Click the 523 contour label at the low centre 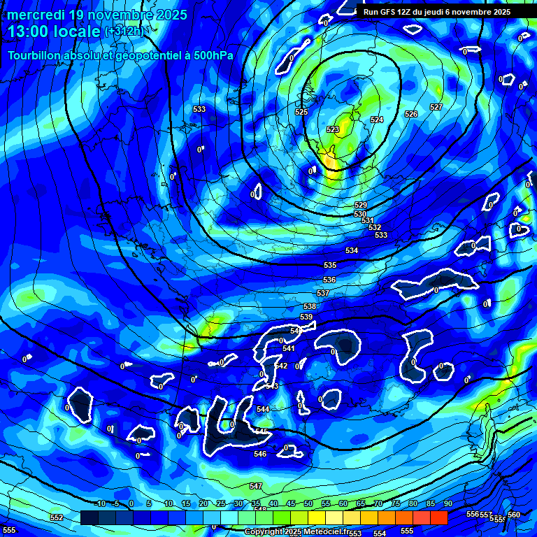pos(333,129)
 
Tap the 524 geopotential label pos(377,120)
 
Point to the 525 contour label pos(301,112)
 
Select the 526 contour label pos(411,114)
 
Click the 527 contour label pos(436,107)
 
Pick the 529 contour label pos(361,205)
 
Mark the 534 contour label pos(351,250)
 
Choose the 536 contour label pos(329,280)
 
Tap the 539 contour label pos(306,317)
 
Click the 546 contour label pos(260,454)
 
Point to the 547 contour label pos(256,486)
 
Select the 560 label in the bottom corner pos(514,515)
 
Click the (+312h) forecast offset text pos(126,32)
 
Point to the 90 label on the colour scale pos(447,504)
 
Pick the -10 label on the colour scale pos(100,504)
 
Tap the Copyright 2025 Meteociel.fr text pos(296,532)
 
